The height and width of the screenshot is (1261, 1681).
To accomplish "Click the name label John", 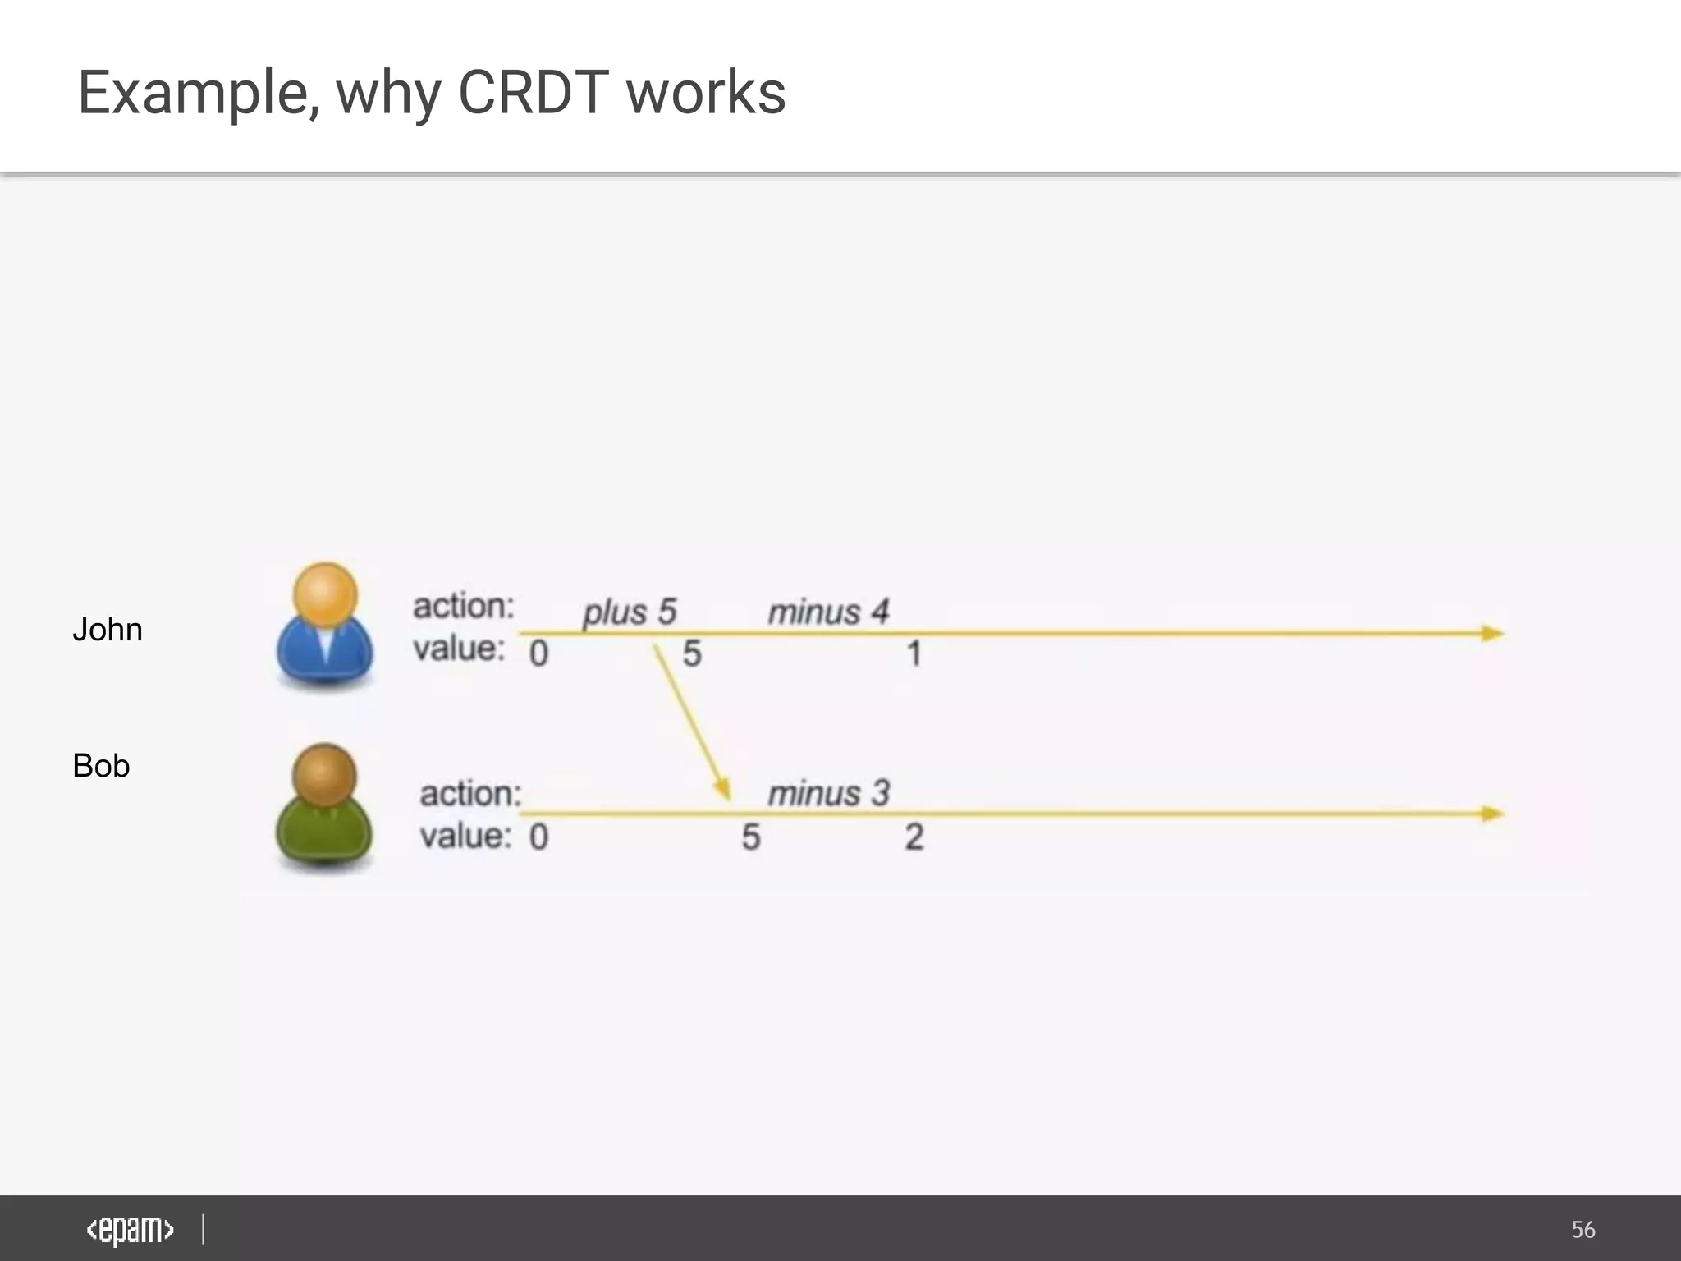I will point(108,630).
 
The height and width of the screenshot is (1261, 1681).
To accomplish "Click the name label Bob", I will point(101,766).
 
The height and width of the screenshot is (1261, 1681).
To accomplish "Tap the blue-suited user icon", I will point(325,627).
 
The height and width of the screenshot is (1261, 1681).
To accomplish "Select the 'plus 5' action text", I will point(630,612).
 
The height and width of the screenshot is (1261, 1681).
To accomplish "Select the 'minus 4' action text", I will point(828,612).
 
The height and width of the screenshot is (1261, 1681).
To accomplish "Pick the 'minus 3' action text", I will point(828,794).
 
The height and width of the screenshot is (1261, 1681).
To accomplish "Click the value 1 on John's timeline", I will point(914,655).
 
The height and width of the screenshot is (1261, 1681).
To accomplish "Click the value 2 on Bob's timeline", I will point(914,837).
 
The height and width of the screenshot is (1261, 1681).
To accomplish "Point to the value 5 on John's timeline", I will point(692,654).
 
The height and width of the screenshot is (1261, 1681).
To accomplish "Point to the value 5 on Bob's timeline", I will point(751,837).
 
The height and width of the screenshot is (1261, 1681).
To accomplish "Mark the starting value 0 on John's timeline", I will point(538,654).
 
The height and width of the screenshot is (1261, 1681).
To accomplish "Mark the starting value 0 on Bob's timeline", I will point(538,837).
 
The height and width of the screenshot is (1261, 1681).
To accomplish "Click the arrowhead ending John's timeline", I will point(1493,633).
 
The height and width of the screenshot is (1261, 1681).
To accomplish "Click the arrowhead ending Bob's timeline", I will point(1493,814).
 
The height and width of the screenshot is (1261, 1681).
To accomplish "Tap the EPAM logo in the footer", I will point(131,1230).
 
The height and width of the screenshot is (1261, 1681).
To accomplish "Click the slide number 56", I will point(1583,1230).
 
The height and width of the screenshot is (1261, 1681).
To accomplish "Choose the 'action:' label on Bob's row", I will point(470,794).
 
